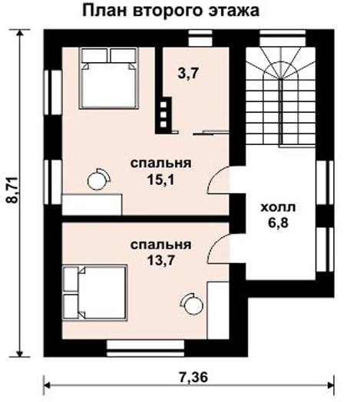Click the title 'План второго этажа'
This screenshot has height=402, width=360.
170,11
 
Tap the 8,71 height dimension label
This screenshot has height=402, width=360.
12,190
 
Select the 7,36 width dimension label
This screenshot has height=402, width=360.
193,377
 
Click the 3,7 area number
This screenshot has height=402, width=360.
188,74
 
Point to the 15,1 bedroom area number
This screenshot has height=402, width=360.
160,180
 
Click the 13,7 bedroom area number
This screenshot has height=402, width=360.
161,261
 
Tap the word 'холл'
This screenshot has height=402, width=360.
278,207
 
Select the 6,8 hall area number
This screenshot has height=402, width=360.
279,222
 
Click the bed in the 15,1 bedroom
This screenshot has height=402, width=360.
109,78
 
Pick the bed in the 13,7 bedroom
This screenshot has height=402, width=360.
95,292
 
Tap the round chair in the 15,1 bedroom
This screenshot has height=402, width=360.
98,180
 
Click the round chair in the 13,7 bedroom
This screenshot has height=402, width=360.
192,304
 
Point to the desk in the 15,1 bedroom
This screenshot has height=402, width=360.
92,205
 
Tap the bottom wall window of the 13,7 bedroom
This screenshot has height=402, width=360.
146,348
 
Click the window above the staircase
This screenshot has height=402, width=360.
282,38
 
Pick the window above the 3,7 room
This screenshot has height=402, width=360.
200,38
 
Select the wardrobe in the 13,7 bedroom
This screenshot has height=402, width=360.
218,310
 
